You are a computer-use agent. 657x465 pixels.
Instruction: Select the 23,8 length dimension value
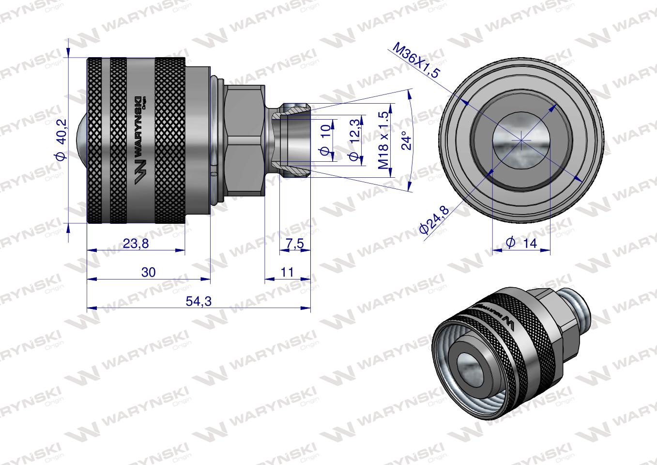click(136, 244)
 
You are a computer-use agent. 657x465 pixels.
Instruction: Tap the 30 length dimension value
click(149, 272)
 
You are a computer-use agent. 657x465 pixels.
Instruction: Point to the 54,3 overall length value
click(199, 301)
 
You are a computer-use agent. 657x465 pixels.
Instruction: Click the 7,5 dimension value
click(294, 244)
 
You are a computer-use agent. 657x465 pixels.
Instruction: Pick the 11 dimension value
click(287, 272)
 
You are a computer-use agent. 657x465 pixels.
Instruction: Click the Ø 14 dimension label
click(521, 243)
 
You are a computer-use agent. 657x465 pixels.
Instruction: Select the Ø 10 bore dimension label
click(326, 140)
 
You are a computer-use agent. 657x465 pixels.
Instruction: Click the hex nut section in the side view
click(245, 140)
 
